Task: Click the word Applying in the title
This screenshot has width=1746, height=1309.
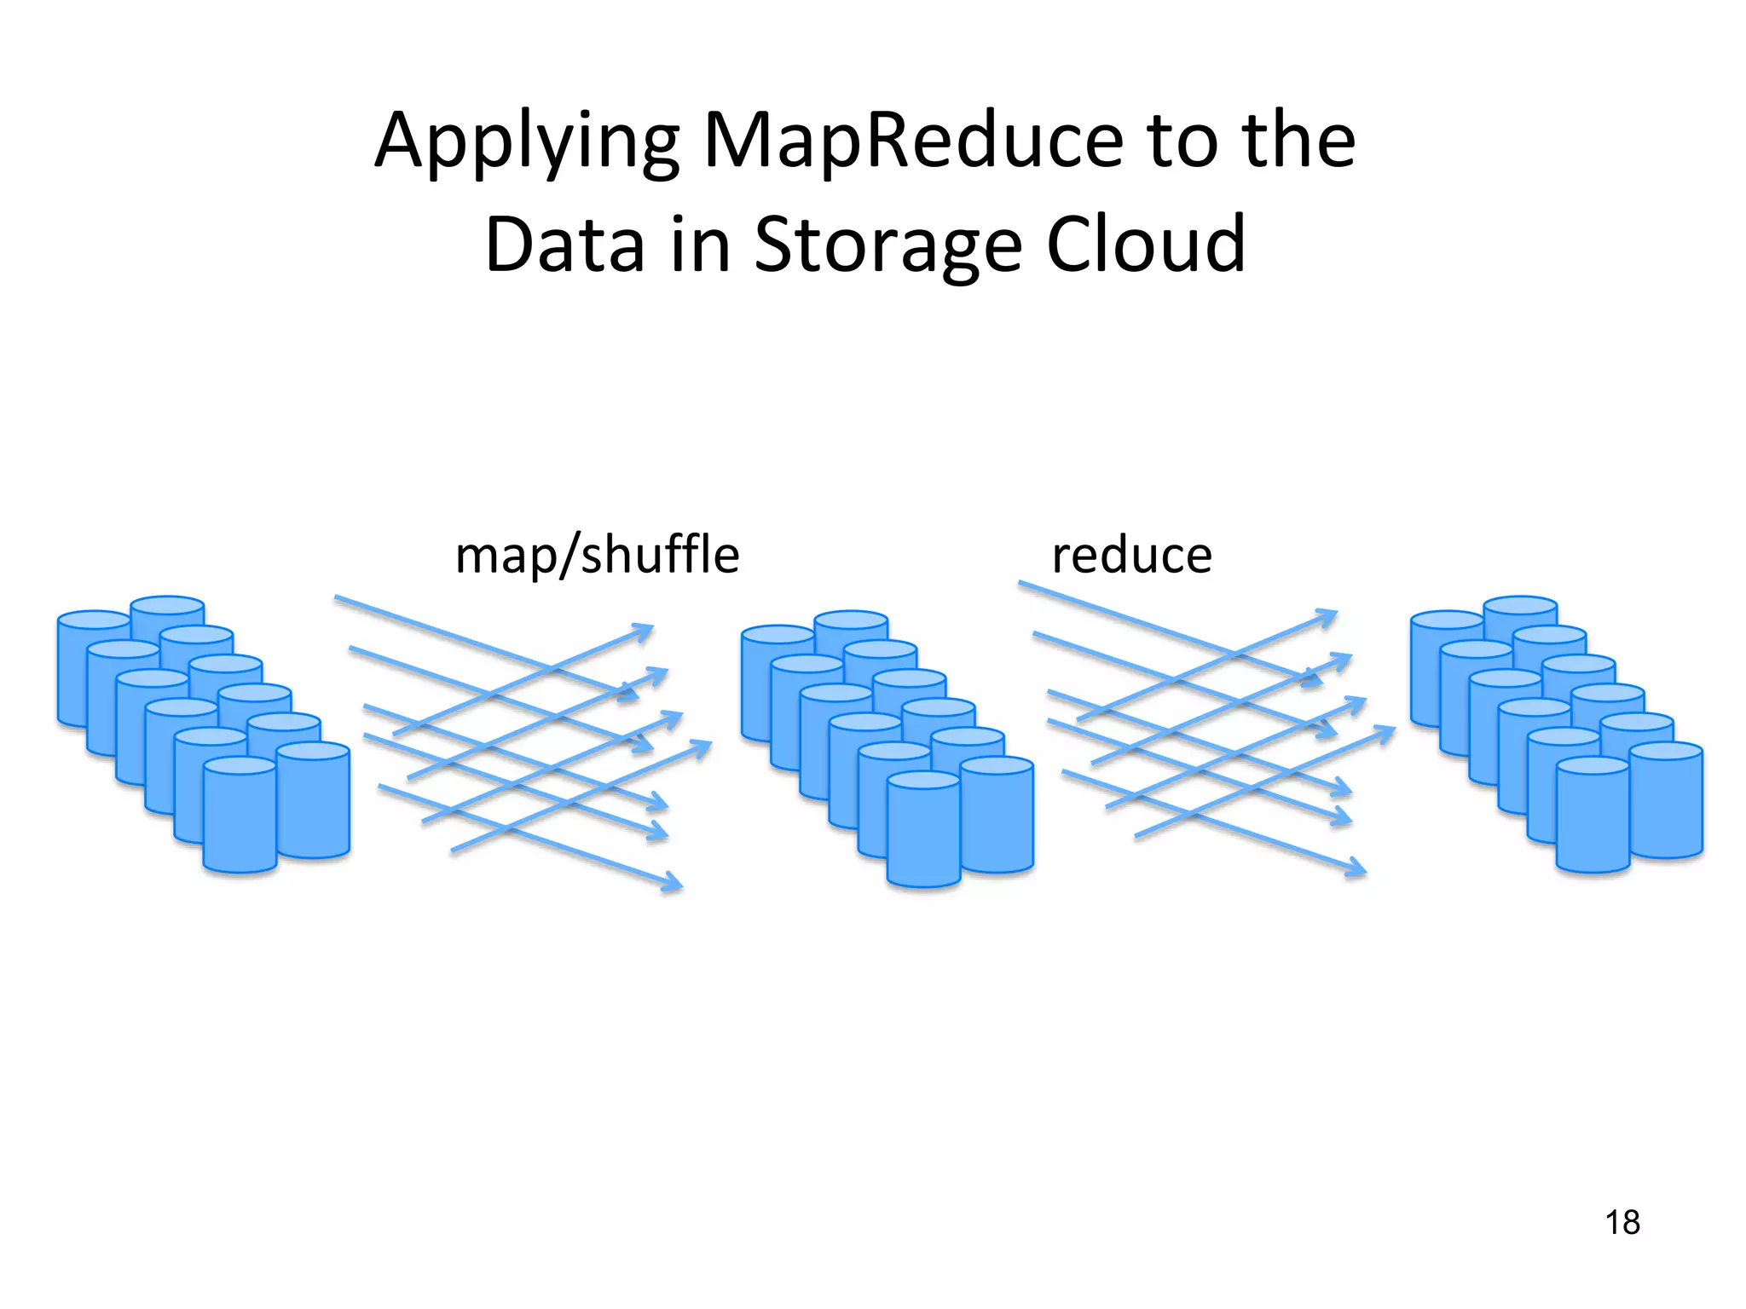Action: pyautogui.click(x=526, y=142)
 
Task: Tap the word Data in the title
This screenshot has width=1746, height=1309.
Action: pyautogui.click(x=564, y=245)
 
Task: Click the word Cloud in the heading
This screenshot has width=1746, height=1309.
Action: pyautogui.click(x=1146, y=245)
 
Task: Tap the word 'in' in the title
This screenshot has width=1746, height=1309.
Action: pyautogui.click(x=700, y=245)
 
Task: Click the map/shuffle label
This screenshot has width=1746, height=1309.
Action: pyautogui.click(x=597, y=556)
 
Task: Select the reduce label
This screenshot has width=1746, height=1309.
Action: pyautogui.click(x=1131, y=556)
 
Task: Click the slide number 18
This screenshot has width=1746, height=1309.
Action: pyautogui.click(x=1622, y=1223)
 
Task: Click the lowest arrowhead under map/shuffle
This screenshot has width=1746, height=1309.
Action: pyautogui.click(x=674, y=883)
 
